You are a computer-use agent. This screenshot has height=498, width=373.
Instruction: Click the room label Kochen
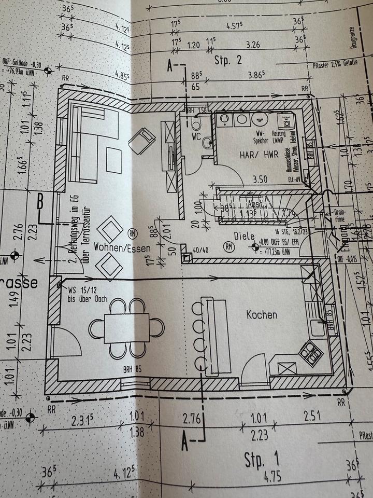click(x=262, y=314)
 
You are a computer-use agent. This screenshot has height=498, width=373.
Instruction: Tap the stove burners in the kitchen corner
click(x=312, y=352)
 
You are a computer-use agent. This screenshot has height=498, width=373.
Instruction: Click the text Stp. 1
click(x=262, y=459)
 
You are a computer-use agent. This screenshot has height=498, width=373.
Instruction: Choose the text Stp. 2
click(x=228, y=60)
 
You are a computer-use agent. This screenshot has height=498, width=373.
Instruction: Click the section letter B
click(x=40, y=202)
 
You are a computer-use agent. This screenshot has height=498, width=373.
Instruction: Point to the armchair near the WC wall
click(x=142, y=140)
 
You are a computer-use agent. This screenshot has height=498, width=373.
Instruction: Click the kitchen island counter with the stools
click(x=218, y=337)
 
